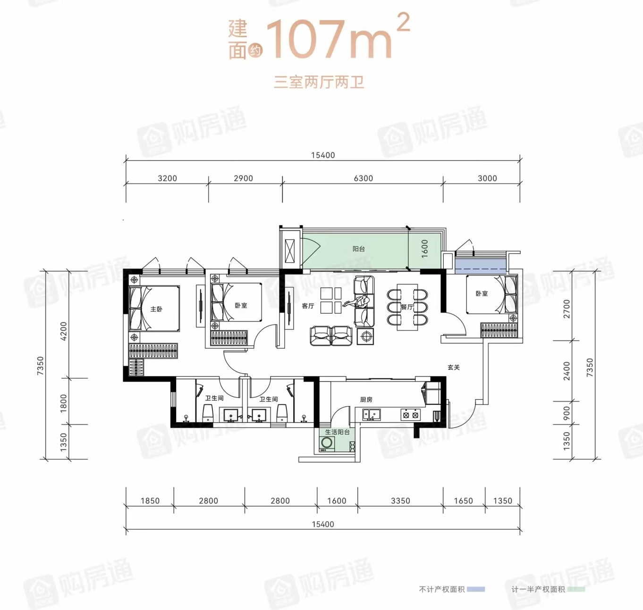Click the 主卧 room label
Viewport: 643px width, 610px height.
(156, 309)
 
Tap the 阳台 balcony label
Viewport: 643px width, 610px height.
(358, 249)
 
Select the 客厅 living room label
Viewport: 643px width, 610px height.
(308, 306)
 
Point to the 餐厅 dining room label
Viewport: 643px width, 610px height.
(406, 307)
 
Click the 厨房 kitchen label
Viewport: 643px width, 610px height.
(366, 400)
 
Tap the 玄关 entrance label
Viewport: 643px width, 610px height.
(454, 368)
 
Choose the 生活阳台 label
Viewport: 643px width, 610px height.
(337, 432)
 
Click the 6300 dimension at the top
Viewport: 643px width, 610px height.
(364, 178)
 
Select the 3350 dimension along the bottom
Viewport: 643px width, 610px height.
(400, 501)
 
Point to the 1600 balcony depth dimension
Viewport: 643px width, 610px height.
(424, 249)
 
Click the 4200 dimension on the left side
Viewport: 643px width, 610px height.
(63, 331)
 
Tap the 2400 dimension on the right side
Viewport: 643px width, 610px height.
(567, 371)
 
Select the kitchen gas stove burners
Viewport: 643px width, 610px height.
(410, 415)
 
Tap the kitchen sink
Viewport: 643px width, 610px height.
(371, 415)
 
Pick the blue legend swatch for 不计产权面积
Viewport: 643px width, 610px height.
(476, 589)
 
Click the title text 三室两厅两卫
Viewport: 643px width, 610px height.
(319, 83)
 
